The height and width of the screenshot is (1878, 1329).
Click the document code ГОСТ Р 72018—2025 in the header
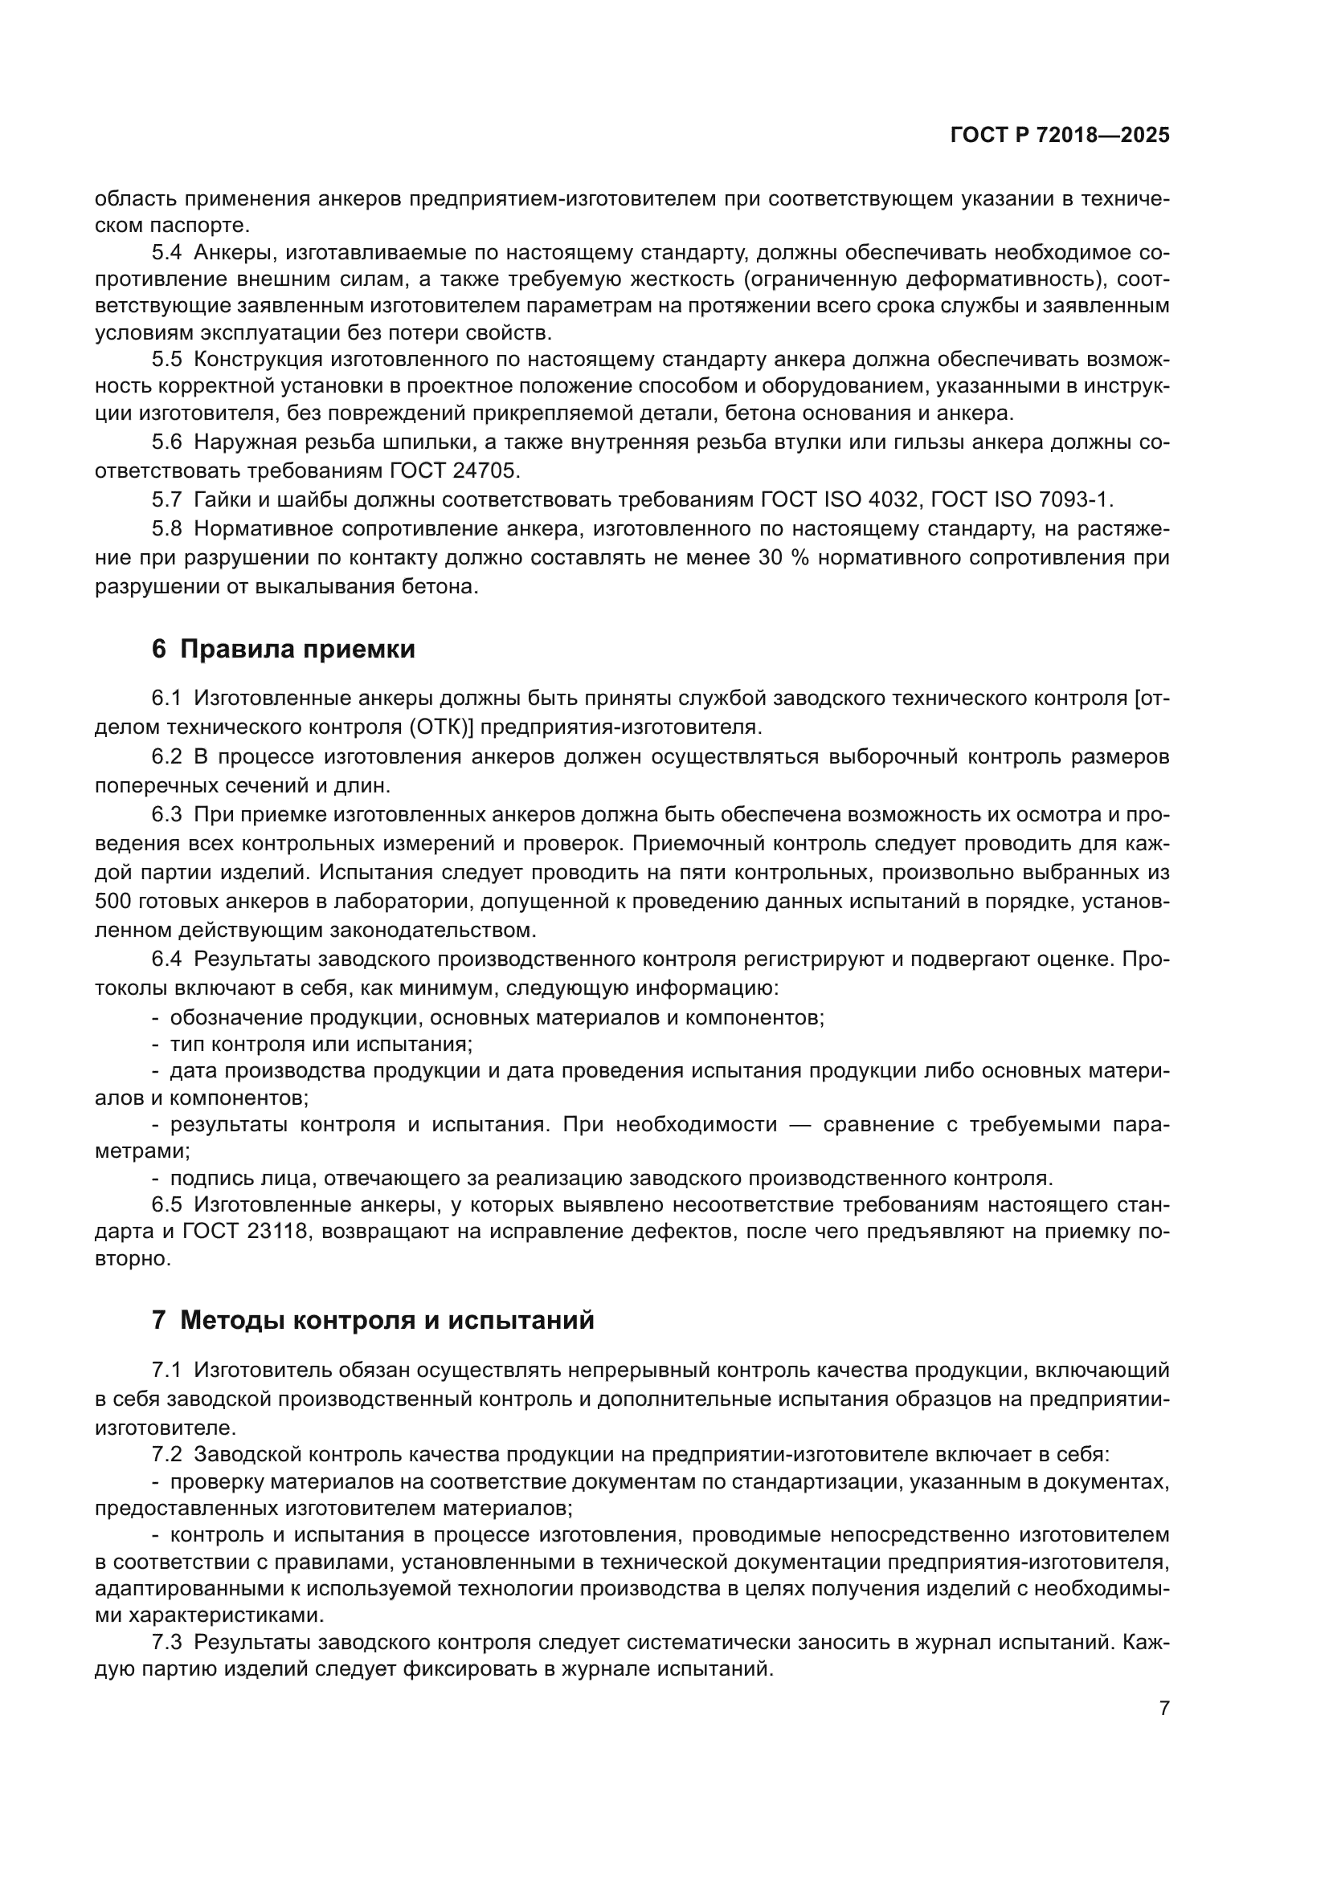click(1060, 136)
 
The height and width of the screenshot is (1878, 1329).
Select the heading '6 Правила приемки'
click(283, 649)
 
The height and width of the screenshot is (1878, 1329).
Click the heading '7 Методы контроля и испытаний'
click(372, 1320)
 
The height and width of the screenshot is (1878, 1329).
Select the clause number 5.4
click(167, 253)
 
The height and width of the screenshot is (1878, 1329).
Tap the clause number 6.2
click(167, 756)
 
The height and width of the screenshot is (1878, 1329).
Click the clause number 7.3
click(167, 1642)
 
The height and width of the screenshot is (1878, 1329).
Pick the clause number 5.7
click(167, 499)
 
